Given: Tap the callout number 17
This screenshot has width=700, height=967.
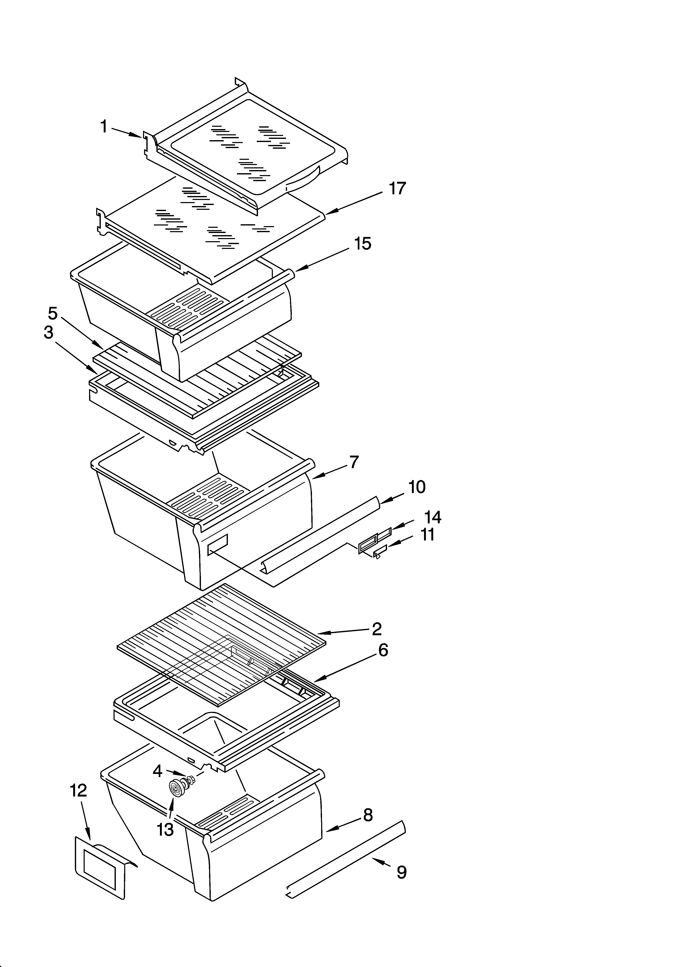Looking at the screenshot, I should coord(397,188).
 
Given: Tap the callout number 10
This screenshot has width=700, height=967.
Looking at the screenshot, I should coord(416,487).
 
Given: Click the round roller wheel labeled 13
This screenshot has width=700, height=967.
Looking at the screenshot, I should coord(176,790).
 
